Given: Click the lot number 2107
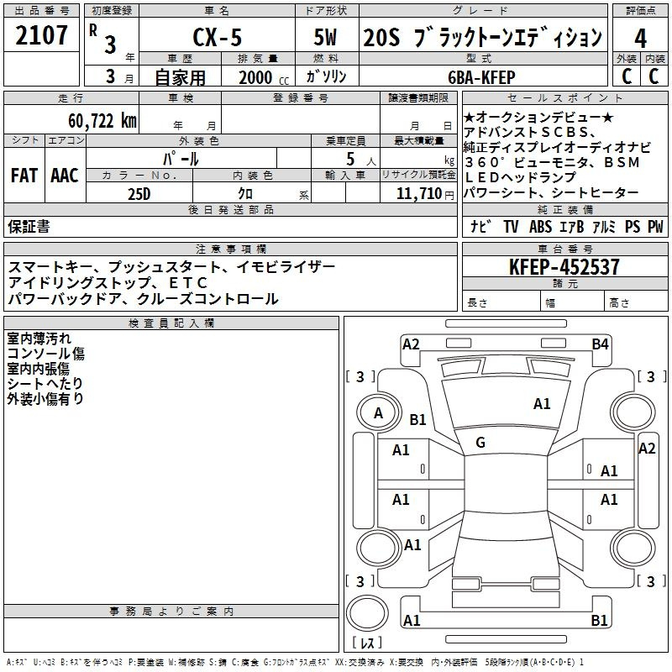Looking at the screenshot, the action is point(41,35).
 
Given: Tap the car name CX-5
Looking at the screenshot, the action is point(216,37).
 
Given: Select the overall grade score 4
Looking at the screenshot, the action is point(641,38).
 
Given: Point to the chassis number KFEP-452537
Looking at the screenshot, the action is point(565,267).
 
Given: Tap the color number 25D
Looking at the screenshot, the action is point(139,193).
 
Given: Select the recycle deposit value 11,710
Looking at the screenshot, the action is point(417,193).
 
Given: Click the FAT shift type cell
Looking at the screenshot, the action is point(24,176).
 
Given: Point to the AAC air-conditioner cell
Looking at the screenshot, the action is point(65,176).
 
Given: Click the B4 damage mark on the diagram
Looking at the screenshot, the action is point(600,344).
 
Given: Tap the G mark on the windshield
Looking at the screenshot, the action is point(480,442).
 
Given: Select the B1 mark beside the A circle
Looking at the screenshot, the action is point(417,419).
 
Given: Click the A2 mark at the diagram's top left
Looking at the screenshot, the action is point(411,344).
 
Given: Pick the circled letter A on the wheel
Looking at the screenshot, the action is point(378,412).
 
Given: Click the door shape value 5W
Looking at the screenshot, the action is point(328,37).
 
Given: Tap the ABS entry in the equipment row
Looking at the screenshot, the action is point(540,227).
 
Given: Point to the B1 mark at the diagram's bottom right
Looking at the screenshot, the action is point(600,620).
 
